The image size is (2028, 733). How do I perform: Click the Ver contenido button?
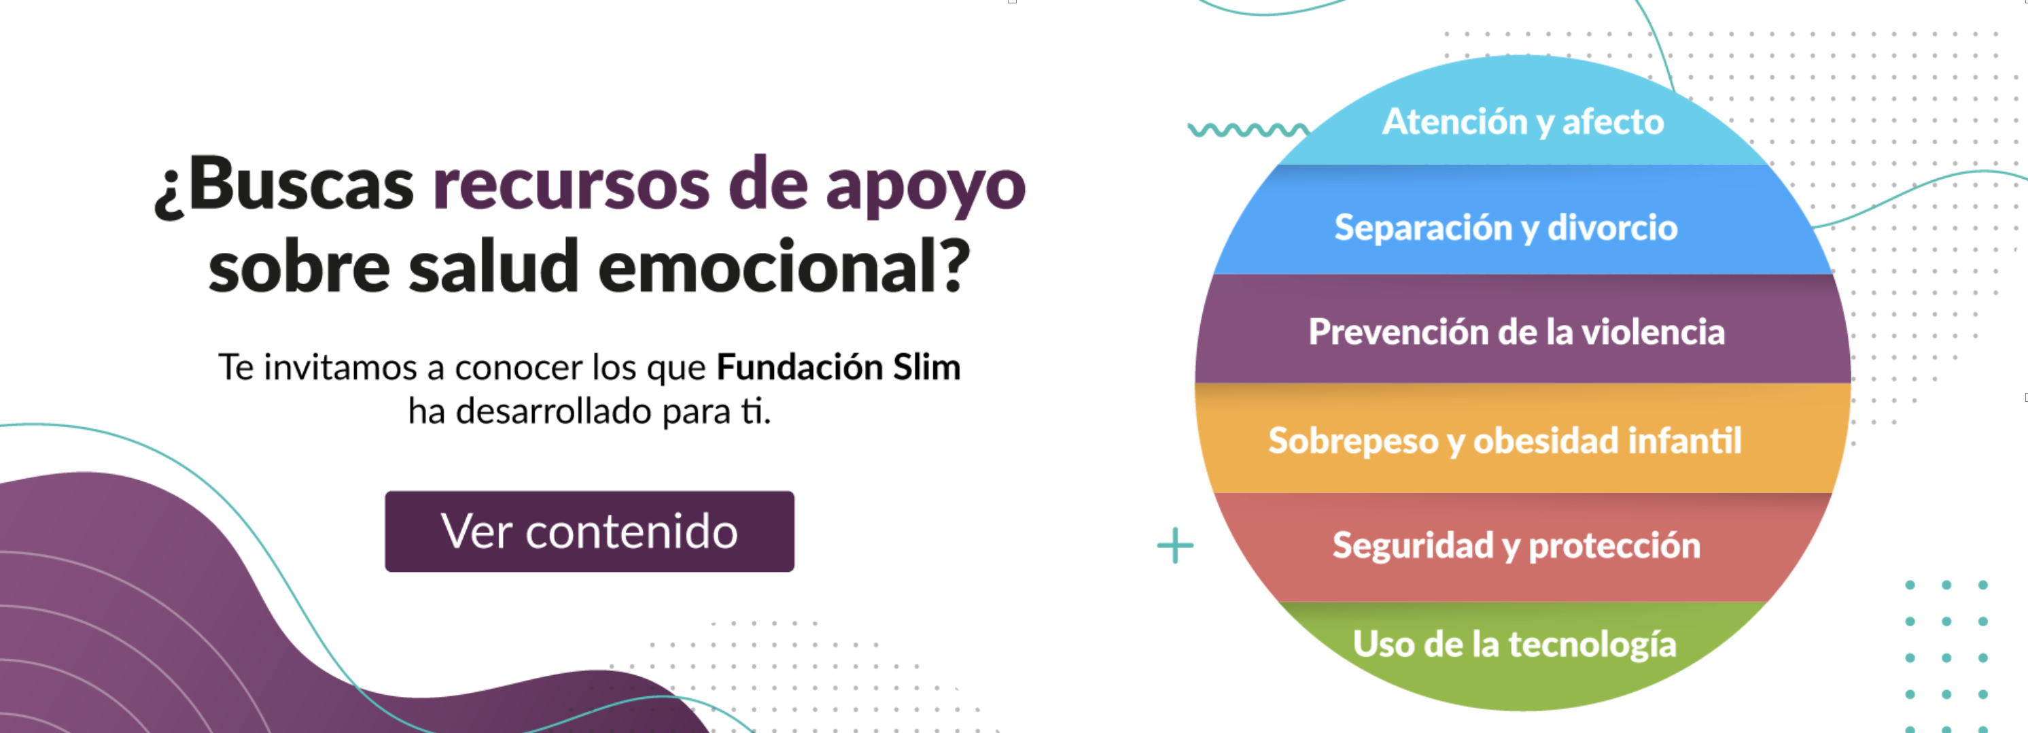590,532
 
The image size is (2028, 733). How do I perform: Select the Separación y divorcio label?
1506,228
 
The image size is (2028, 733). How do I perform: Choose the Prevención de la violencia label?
1517,331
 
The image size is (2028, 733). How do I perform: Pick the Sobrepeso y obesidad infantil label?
1505,441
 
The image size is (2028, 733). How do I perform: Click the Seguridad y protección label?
1516,545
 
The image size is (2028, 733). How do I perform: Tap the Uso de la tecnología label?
1515,645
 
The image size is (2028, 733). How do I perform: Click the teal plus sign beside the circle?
1175,545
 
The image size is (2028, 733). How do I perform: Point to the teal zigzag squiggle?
1249,130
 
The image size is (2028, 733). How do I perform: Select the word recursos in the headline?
571,186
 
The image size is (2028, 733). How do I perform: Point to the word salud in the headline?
493,265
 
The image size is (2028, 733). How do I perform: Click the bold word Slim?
926,368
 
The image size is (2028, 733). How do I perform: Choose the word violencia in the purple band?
1654,331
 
